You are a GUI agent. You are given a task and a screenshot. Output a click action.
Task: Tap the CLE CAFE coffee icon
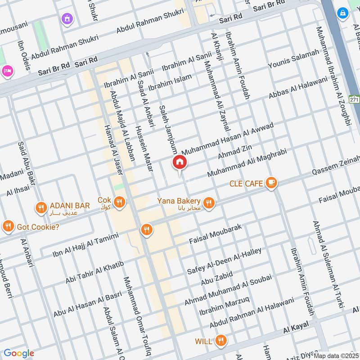tap(271, 182)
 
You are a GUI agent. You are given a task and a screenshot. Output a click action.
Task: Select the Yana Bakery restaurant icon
tap(208, 203)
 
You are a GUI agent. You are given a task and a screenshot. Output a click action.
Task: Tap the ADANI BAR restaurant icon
tap(41, 207)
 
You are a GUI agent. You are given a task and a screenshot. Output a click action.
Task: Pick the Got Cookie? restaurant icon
tap(8, 227)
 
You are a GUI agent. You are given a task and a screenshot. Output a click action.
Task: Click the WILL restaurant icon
tap(220, 340)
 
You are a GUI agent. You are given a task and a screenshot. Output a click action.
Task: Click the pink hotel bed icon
tap(8, 71)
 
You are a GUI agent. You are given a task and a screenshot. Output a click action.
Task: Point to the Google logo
tap(19, 353)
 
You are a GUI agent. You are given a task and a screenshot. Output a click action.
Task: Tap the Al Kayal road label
tap(296, 329)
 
